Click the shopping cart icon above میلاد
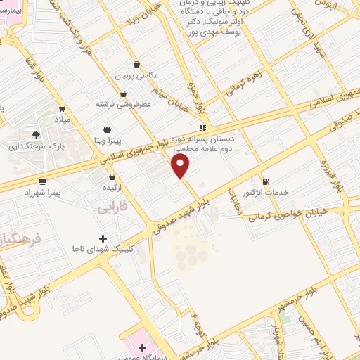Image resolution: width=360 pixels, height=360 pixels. [x=63, y=109]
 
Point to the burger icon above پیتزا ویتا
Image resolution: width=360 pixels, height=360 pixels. [x=107, y=129]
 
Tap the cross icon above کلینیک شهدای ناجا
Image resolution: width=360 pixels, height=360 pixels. [x=103, y=238]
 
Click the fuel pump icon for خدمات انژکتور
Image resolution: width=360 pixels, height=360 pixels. [x=264, y=181]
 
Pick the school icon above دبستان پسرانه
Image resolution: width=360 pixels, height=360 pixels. [x=202, y=129]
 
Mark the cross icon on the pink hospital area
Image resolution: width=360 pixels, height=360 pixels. [x=143, y=347]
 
